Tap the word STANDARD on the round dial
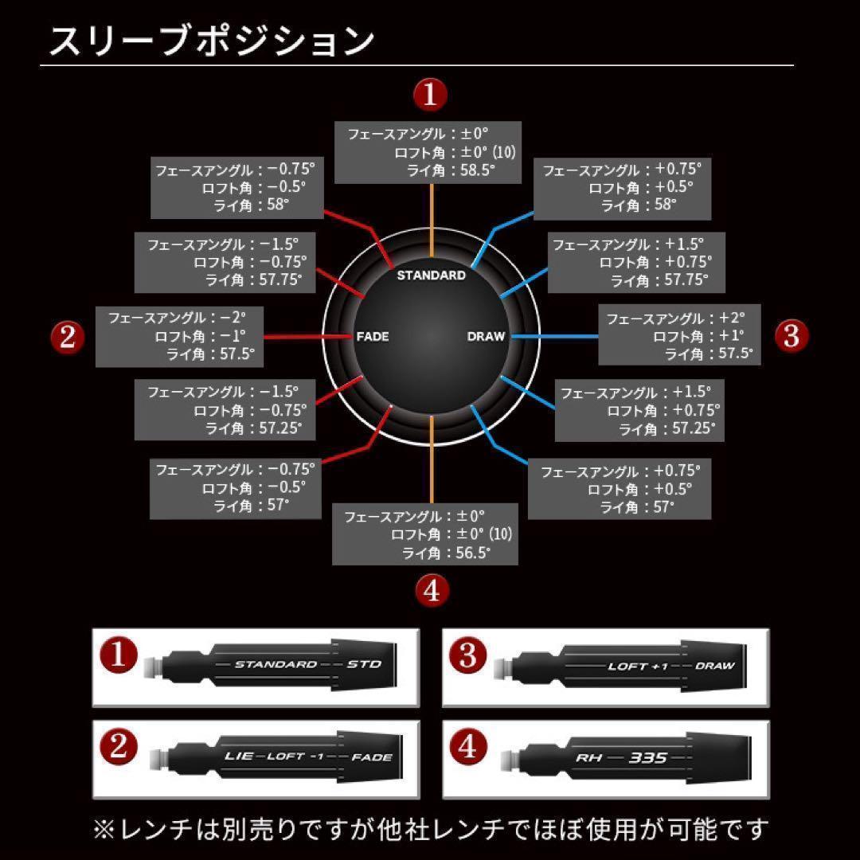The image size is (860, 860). pos(431,276)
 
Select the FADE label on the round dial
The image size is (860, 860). pos(372,337)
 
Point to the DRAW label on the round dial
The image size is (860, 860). pos(486,337)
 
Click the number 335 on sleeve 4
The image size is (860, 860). pos(647,757)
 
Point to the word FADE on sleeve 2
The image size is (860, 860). pos(372,756)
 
